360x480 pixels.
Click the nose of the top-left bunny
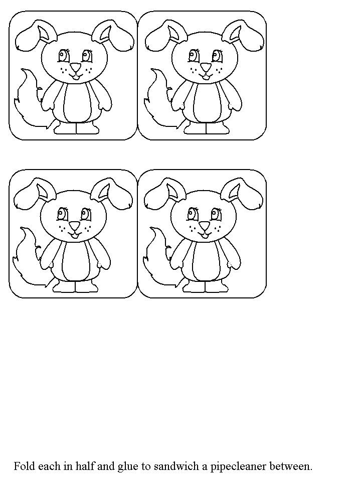pyautogui.click(x=75, y=67)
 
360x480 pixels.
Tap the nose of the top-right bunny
pyautogui.click(x=206, y=67)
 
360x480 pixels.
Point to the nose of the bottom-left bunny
pyautogui.click(x=74, y=226)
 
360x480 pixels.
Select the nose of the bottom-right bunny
pyautogui.click(x=205, y=226)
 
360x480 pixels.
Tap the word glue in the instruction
pyautogui.click(x=128, y=467)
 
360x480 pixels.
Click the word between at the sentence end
pyautogui.click(x=291, y=466)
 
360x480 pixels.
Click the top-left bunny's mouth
pyautogui.click(x=75, y=76)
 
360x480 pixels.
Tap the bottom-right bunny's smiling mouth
pyautogui.click(x=205, y=235)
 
